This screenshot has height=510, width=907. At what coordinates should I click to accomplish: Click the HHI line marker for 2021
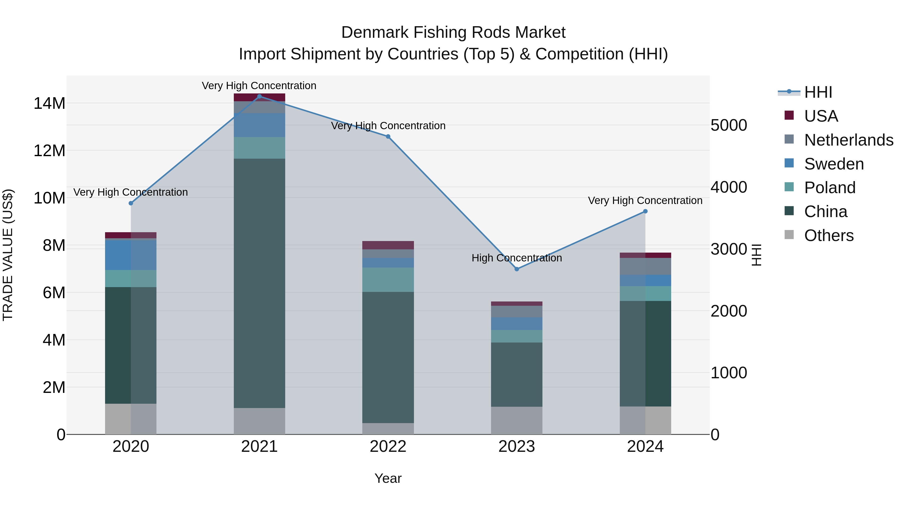pos(260,96)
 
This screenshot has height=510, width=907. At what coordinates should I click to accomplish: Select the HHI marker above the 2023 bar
pos(516,269)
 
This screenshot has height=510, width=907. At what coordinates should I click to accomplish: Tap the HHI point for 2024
pos(645,212)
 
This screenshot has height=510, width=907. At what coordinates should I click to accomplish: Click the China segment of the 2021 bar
pos(260,283)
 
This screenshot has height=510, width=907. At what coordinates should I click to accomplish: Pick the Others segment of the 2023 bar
pos(516,420)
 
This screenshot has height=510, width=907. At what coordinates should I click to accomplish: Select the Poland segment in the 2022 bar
pos(388,280)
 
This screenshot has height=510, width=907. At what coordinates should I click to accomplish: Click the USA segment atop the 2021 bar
pos(260,97)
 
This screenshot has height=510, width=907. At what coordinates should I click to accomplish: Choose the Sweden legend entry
pos(834,164)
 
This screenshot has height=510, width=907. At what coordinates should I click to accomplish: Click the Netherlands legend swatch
pos(789,139)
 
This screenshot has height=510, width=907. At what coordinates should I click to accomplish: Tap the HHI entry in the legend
pos(818,92)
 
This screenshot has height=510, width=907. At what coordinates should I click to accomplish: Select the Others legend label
pos(829,235)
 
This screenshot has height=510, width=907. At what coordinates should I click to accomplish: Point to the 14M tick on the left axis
pos(49,104)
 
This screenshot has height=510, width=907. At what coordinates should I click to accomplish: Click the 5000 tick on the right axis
pos(728,125)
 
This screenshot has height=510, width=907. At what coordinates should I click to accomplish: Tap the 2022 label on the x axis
pos(388,447)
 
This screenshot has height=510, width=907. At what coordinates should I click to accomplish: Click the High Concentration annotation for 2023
pos(516,258)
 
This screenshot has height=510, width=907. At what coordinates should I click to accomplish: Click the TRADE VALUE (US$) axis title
pos(8,255)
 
